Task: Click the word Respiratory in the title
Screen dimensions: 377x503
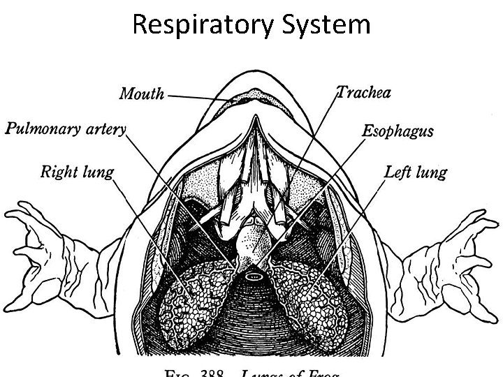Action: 204,25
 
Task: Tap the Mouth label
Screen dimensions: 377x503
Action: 142,94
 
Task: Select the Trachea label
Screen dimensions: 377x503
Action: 363,92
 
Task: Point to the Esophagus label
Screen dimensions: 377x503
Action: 397,131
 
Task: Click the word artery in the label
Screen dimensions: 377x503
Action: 106,128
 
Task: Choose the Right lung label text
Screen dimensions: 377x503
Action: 77,171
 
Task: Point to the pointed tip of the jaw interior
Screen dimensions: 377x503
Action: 254,123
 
